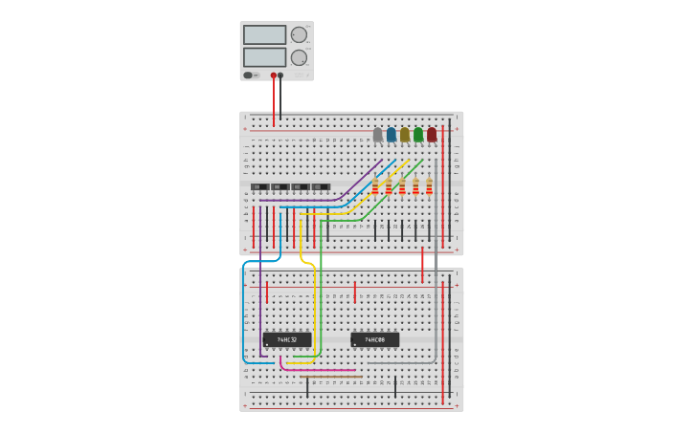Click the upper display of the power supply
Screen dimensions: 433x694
tap(264, 34)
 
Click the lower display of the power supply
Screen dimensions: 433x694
tap(264, 57)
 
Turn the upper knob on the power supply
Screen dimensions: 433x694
tap(299, 34)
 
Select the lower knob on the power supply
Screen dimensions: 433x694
tap(299, 57)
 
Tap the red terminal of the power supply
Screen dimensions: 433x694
tap(274, 75)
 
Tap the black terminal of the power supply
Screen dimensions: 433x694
tap(280, 75)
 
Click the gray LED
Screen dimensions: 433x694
tap(378, 135)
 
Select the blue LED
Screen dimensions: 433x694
tap(392, 135)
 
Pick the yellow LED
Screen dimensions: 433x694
tap(405, 135)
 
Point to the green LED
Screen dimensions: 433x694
tap(418, 135)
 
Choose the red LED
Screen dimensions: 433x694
tap(432, 135)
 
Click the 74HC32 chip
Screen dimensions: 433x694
tap(287, 339)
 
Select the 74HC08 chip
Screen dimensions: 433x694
tap(374, 339)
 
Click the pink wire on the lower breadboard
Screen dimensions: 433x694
tap(316, 370)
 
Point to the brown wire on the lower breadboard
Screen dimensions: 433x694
tap(330, 377)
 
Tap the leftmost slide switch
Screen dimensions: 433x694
tap(259, 186)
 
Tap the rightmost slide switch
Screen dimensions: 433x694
tap(321, 186)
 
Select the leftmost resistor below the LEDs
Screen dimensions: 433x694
tap(375, 185)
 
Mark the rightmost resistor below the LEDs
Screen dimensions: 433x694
tap(429, 185)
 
